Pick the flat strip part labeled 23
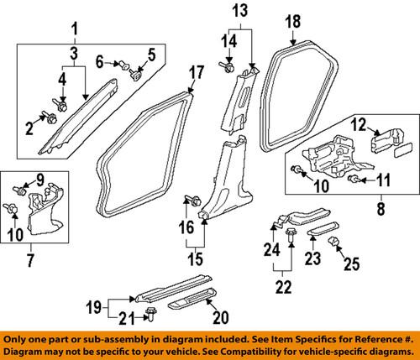[321, 230]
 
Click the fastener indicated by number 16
[192, 200]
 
